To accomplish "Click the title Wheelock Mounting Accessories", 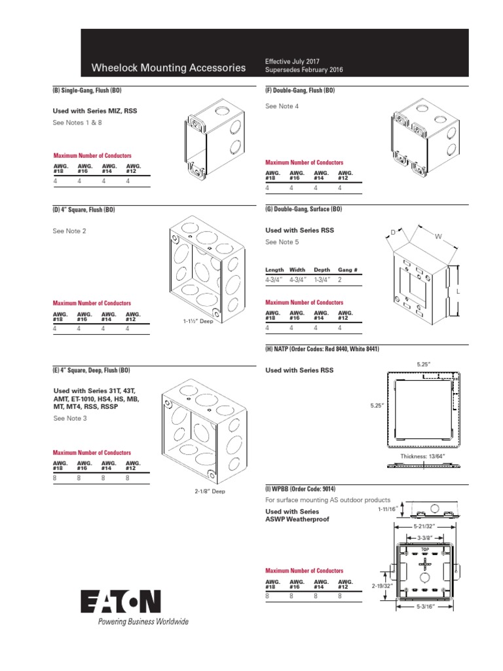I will [169, 67].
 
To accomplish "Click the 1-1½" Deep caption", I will [198, 322].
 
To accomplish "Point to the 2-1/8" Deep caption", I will [210, 491].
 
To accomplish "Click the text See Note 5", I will [282, 242].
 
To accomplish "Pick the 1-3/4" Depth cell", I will [322, 279].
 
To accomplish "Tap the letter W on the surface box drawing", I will [432, 237].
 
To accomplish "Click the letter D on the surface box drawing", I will [393, 232].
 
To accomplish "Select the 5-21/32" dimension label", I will [425, 526].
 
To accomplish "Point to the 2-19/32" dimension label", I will [382, 585].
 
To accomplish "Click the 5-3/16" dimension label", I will [425, 607].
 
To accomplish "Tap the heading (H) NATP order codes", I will [322, 349].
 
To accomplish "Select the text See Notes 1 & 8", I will [77, 123].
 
